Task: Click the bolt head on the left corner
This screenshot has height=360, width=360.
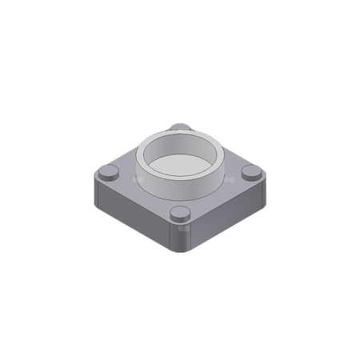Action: [108, 172]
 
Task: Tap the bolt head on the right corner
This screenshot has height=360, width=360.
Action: [251, 172]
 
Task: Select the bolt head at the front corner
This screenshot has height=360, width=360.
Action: [181, 214]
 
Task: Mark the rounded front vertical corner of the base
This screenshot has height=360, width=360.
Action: [181, 240]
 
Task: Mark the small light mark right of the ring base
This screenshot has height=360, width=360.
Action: [227, 182]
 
